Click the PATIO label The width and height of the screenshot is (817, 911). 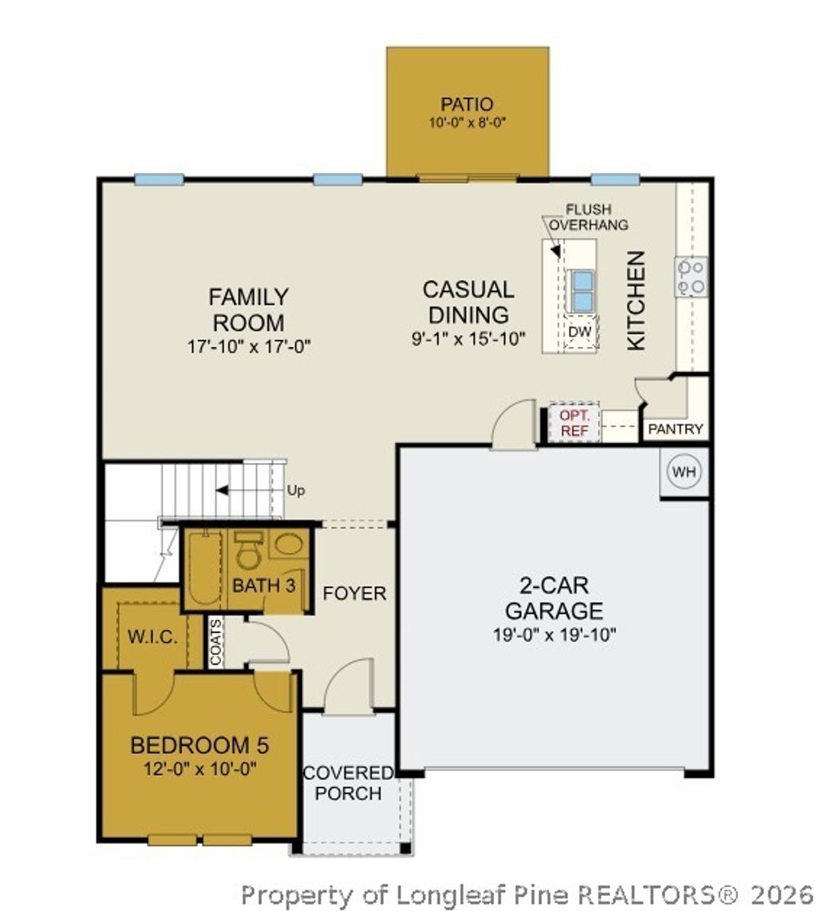coord(467,105)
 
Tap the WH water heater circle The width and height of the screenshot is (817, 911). coord(684,471)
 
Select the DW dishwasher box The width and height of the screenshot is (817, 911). coord(579,331)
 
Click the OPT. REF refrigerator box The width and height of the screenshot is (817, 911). coord(574,423)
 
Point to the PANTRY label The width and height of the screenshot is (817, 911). coord(676,429)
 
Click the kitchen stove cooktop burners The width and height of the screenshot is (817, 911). coord(691,277)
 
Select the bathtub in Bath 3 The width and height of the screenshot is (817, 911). coord(204,567)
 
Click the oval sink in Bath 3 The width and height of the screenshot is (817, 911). coord(287,545)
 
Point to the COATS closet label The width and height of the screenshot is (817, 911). coord(215,642)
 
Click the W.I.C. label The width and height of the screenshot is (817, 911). coord(152,637)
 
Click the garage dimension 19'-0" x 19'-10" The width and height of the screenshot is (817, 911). coord(555,635)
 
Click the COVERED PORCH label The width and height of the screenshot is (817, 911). coord(349,783)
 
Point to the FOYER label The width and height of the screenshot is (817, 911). coord(354,594)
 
